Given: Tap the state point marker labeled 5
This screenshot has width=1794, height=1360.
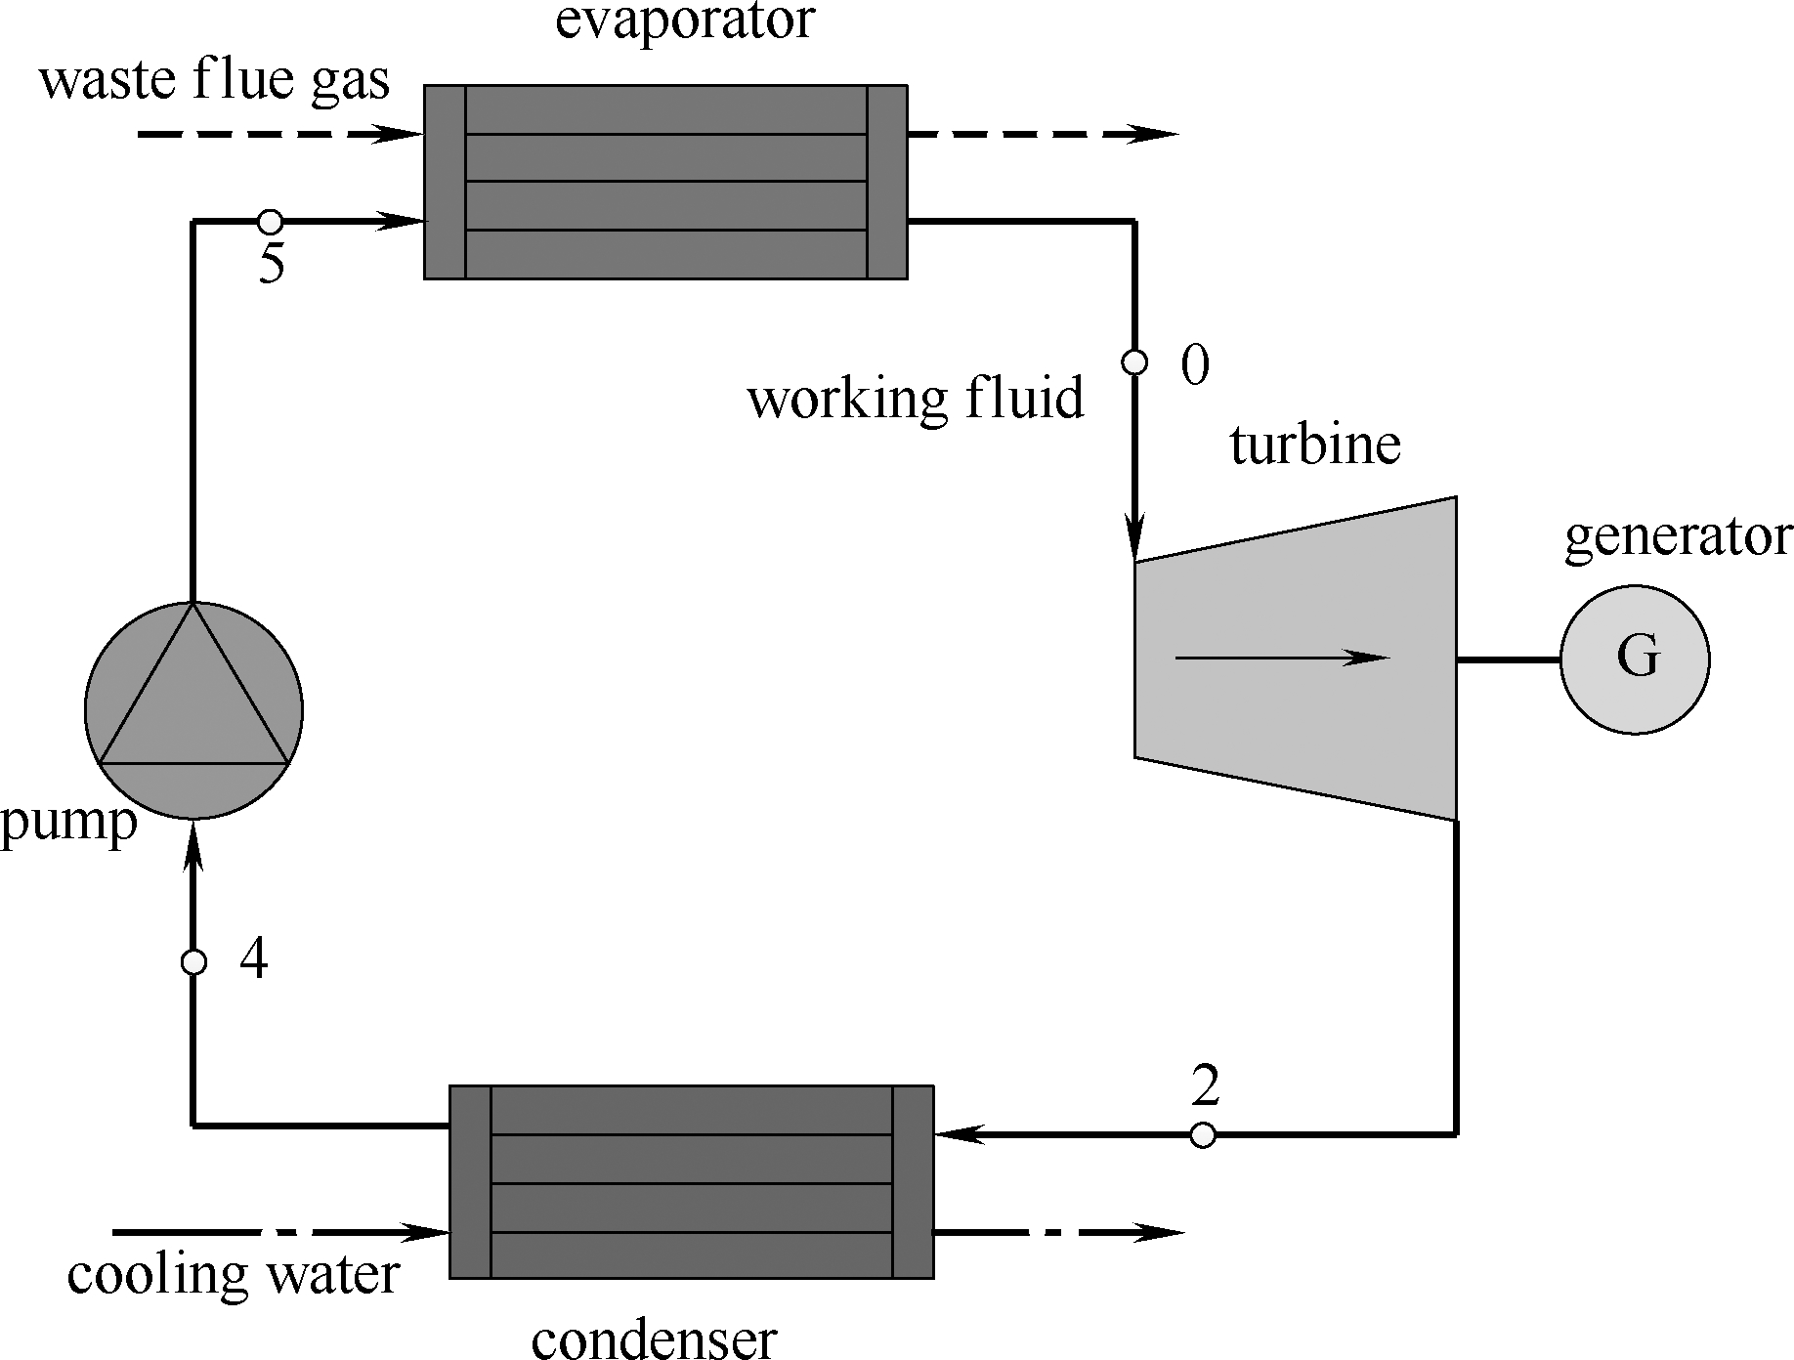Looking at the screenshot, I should tap(270, 222).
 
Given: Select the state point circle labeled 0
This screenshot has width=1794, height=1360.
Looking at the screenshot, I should tap(1134, 362).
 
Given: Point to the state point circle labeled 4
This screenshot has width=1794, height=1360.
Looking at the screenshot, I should tap(193, 962).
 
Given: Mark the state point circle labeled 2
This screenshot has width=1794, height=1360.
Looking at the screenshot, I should tap(1204, 1134).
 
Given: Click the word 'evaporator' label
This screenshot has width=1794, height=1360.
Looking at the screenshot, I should tap(684, 21).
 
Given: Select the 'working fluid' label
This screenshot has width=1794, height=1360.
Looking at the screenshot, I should tap(916, 399).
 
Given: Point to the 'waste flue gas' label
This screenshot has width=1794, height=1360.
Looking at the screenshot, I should tap(214, 80).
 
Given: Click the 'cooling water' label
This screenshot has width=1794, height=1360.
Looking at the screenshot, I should tap(234, 1274).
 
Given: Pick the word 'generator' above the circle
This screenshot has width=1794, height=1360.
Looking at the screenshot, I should tap(1678, 536).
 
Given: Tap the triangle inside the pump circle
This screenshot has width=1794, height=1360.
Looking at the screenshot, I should tap(193, 703).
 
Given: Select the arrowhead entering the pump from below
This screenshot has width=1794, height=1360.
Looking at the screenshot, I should tap(193, 846).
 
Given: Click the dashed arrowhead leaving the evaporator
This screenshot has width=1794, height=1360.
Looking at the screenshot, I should tap(1153, 135).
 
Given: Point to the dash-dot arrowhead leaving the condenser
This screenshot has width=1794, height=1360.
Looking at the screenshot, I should tap(1158, 1233).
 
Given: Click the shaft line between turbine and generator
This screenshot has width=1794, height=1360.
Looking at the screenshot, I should tap(1508, 659).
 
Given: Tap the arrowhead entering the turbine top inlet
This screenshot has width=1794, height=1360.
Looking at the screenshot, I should tap(1134, 537).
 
